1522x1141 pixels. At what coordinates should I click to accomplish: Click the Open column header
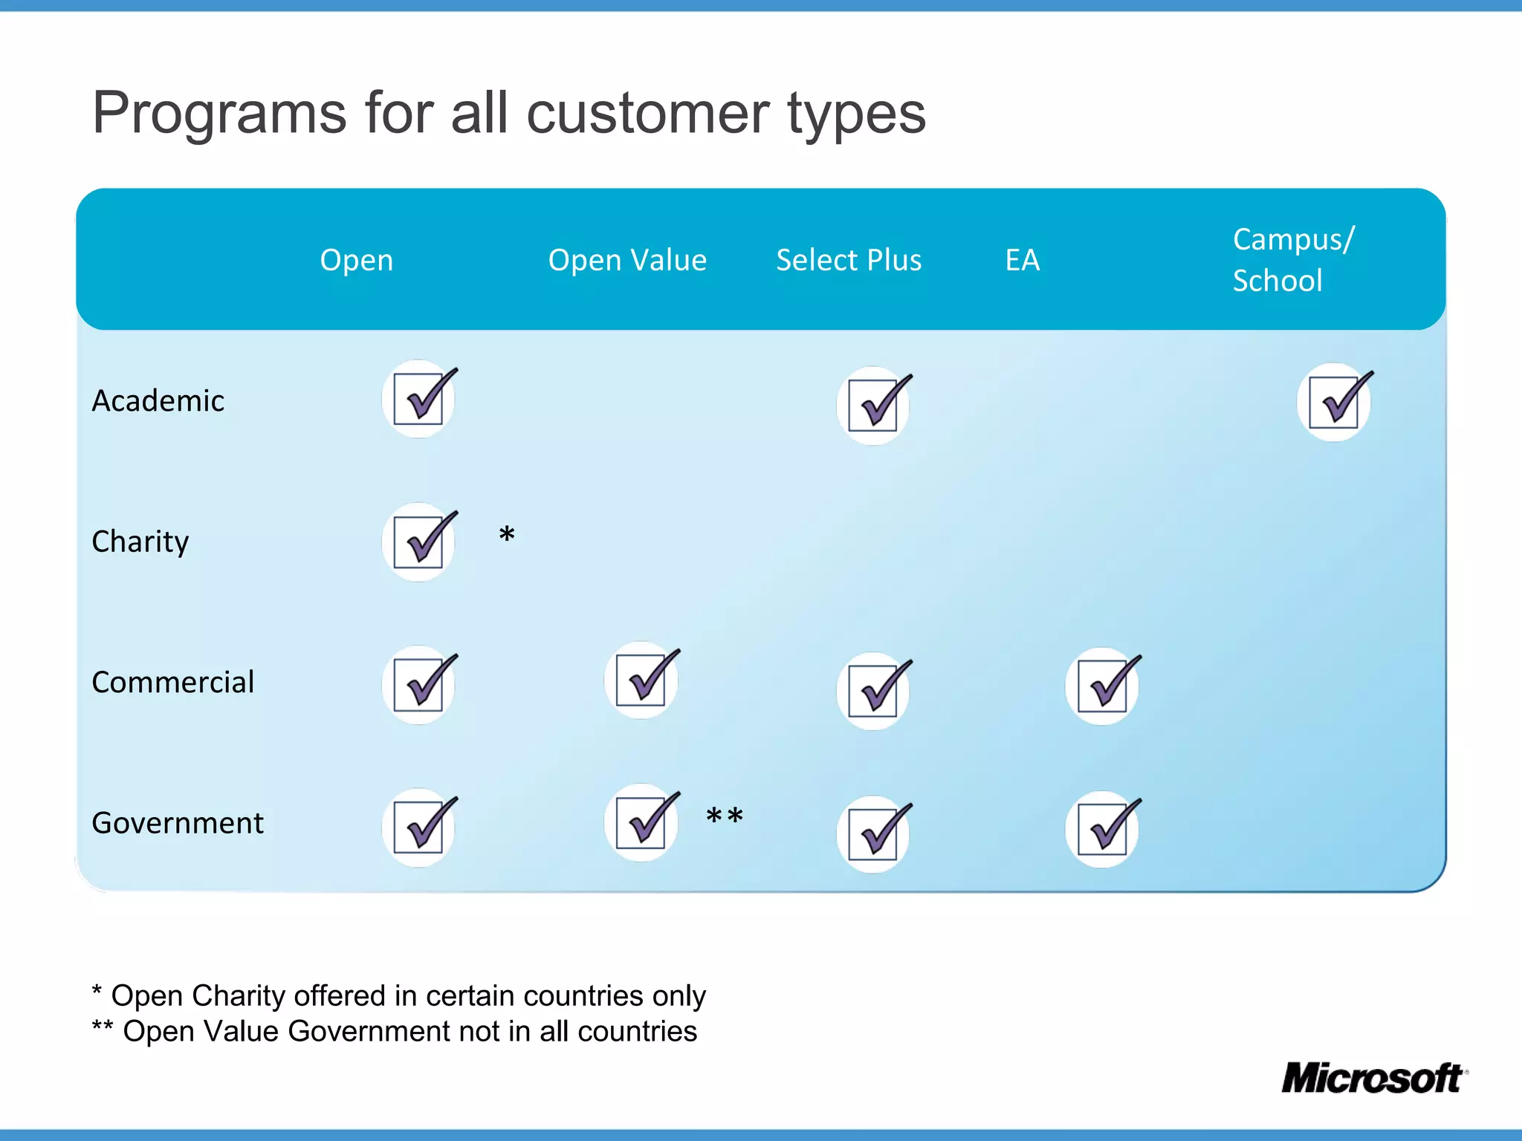tap(356, 260)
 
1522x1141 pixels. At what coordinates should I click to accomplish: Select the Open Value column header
tap(627, 260)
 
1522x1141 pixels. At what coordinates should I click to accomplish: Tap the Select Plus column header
tap(849, 260)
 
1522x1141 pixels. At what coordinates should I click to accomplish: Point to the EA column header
tap(1023, 260)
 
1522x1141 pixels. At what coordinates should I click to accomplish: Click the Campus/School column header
tap(1292, 260)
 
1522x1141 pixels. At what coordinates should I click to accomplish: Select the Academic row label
tap(158, 401)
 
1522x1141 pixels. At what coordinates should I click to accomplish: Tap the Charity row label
tap(140, 542)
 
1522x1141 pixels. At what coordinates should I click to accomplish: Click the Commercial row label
tap(172, 682)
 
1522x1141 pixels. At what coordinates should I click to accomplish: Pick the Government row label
tap(177, 823)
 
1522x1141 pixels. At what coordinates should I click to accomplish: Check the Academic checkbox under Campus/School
tap(1335, 402)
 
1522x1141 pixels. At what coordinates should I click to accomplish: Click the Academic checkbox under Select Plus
tap(874, 406)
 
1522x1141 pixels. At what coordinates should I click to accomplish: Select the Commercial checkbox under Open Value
tap(643, 680)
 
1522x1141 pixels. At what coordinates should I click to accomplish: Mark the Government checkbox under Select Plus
tap(874, 833)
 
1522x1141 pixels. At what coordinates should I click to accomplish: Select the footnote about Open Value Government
tap(394, 1032)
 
